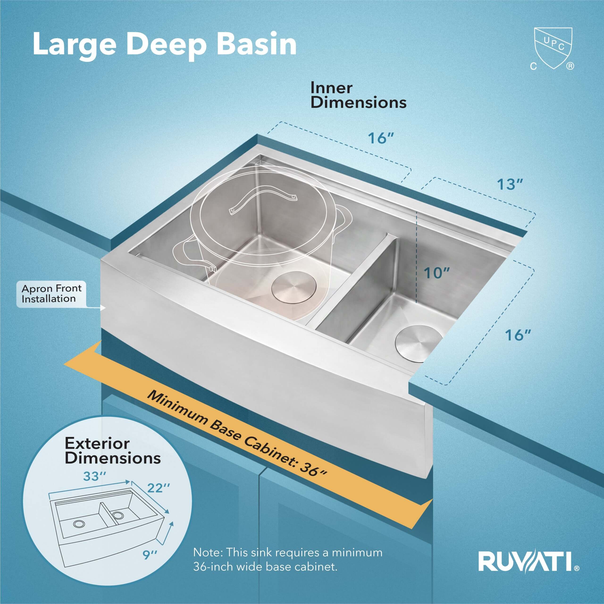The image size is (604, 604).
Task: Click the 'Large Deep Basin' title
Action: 164,46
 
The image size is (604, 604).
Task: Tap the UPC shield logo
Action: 553,52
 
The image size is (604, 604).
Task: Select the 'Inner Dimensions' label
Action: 358,96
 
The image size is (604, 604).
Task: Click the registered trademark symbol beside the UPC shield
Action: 570,66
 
